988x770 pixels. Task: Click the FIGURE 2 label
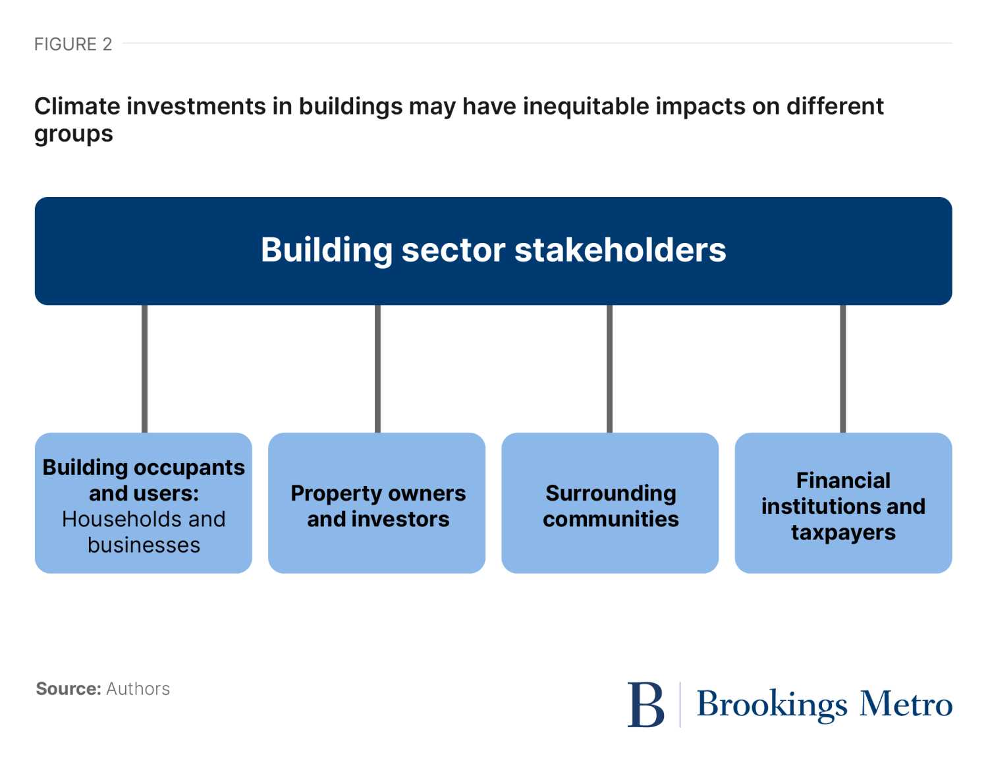72,44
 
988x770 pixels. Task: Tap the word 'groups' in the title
74,135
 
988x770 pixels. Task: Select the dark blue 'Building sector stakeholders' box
493,251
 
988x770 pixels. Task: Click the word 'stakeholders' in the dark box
620,250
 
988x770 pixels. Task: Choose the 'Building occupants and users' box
143,503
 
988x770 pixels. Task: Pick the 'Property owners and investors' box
377,503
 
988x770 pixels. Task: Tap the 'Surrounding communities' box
610,503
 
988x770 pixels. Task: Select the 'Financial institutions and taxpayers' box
843,503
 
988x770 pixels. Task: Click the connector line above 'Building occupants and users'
145,369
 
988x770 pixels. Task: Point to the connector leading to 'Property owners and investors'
378,369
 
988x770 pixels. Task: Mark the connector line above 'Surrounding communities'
610,369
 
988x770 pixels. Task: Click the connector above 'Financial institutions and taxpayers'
843,369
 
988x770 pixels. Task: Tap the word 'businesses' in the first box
144,545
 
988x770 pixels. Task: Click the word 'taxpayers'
843,533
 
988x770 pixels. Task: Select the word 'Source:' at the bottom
69,688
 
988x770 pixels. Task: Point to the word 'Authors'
138,688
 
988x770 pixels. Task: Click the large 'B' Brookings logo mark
646,704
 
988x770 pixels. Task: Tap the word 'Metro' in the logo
906,704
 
